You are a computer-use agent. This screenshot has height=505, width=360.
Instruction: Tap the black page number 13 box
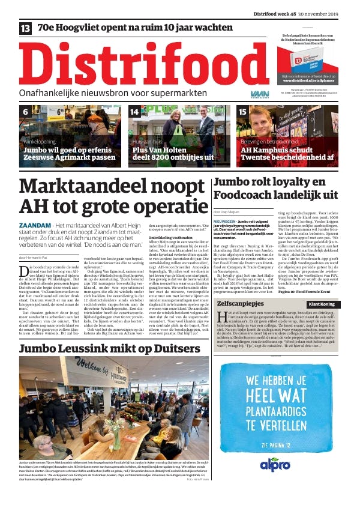(x=26, y=28)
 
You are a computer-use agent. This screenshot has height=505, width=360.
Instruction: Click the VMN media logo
(x=260, y=94)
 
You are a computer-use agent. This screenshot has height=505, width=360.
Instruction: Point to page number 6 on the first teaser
(x=26, y=112)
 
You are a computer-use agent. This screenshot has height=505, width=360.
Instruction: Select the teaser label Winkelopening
(x=40, y=141)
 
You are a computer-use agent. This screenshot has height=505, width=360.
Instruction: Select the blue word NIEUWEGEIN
(x=225, y=221)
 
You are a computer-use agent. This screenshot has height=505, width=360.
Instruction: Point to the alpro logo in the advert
(x=275, y=463)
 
